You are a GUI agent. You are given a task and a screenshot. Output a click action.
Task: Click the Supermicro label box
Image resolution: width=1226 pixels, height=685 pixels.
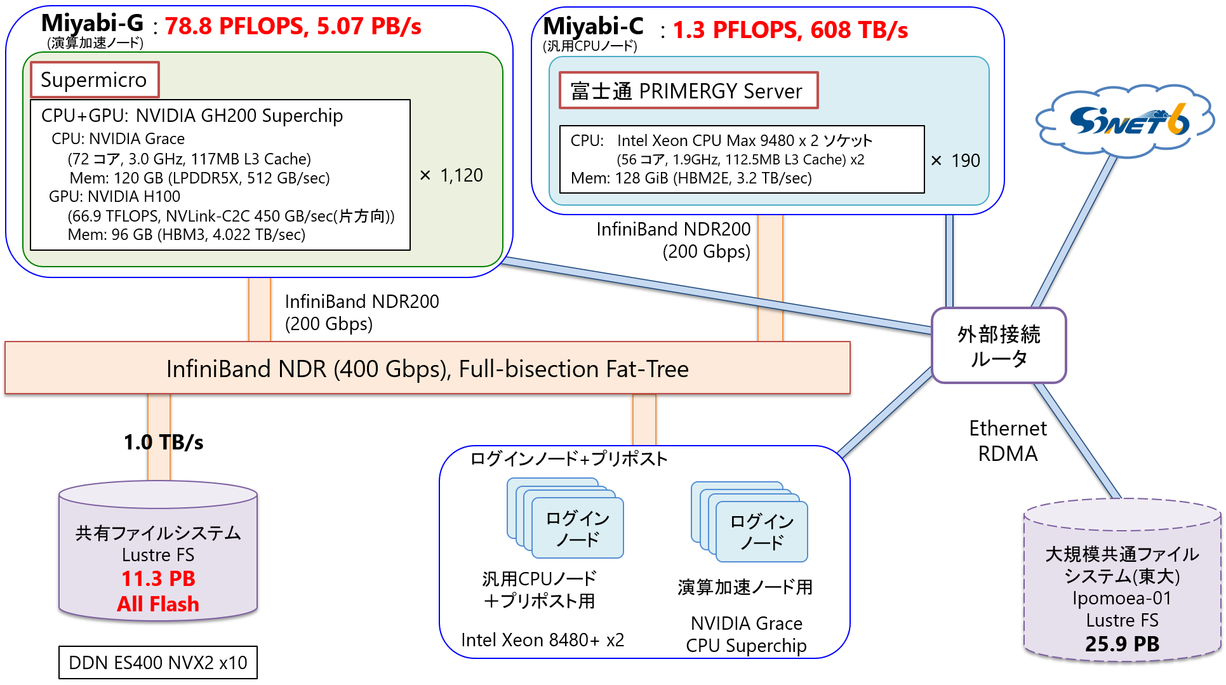pyautogui.click(x=95, y=79)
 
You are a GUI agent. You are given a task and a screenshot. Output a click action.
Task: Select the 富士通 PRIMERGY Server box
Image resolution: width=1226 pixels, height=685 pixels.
pyautogui.click(x=688, y=91)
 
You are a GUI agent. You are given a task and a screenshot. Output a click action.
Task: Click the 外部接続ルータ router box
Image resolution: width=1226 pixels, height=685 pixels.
pyautogui.click(x=999, y=346)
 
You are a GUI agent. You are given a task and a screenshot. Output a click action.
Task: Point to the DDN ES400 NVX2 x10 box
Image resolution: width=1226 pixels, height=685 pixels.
pyautogui.click(x=158, y=662)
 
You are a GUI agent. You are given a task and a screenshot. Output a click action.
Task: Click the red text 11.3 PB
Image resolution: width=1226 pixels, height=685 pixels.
pyautogui.click(x=158, y=578)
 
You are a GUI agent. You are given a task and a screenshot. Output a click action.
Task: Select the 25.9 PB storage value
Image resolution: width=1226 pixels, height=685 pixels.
pyautogui.click(x=1122, y=644)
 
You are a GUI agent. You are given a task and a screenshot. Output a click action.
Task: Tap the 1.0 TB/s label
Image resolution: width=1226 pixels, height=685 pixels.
pyautogui.click(x=163, y=442)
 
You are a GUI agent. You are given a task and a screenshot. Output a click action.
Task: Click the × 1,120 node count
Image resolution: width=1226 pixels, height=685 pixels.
pyautogui.click(x=451, y=175)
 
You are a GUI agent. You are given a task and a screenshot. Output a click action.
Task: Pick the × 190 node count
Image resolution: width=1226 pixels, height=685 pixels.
pyautogui.click(x=956, y=161)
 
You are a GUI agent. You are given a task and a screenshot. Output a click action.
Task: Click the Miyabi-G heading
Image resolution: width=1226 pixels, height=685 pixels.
pyautogui.click(x=93, y=23)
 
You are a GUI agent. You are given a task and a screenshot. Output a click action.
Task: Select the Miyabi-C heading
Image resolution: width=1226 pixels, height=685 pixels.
pyautogui.click(x=594, y=26)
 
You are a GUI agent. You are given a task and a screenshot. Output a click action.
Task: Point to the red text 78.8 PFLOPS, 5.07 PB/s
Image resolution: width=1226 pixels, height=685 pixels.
pyautogui.click(x=293, y=27)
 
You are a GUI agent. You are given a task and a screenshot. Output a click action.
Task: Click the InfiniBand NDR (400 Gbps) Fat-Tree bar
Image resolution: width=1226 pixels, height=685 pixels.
pyautogui.click(x=427, y=368)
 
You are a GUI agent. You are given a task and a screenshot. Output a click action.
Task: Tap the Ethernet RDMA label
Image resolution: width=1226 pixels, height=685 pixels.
pyautogui.click(x=1008, y=441)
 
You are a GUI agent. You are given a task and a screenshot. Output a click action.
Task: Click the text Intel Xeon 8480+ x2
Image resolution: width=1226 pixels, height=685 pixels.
pyautogui.click(x=543, y=640)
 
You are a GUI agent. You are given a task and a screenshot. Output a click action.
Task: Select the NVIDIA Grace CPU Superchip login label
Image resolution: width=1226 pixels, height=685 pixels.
pyautogui.click(x=746, y=634)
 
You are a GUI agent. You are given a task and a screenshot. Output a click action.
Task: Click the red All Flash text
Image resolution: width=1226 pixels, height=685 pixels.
pyautogui.click(x=158, y=604)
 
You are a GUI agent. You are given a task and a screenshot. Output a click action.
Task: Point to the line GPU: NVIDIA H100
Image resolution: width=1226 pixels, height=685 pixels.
pyautogui.click(x=114, y=197)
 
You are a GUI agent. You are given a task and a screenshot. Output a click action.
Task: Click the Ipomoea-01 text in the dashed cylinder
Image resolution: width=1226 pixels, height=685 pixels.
pyautogui.click(x=1122, y=598)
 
